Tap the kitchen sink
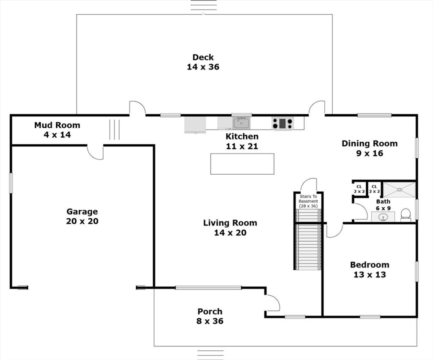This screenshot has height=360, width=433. coord(241,123)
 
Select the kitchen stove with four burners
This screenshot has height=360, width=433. coord(282,123)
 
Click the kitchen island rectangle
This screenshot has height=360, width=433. coord(242,164)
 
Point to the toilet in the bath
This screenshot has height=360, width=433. coord(406,214)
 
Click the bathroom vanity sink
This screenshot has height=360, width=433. coord(383,217)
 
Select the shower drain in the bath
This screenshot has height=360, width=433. coord(399,190)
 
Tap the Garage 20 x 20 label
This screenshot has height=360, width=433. coord(82,216)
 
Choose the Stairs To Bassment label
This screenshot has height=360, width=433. coord(308,199)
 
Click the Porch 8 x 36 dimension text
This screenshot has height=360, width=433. coord(210,321)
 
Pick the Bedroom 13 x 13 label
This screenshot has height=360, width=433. coord(370,269)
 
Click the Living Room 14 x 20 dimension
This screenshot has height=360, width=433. coord(230,233)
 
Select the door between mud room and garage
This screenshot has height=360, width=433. coord(95,152)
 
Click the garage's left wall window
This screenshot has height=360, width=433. coord(11,183)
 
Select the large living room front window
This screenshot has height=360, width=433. coord(208,288)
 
